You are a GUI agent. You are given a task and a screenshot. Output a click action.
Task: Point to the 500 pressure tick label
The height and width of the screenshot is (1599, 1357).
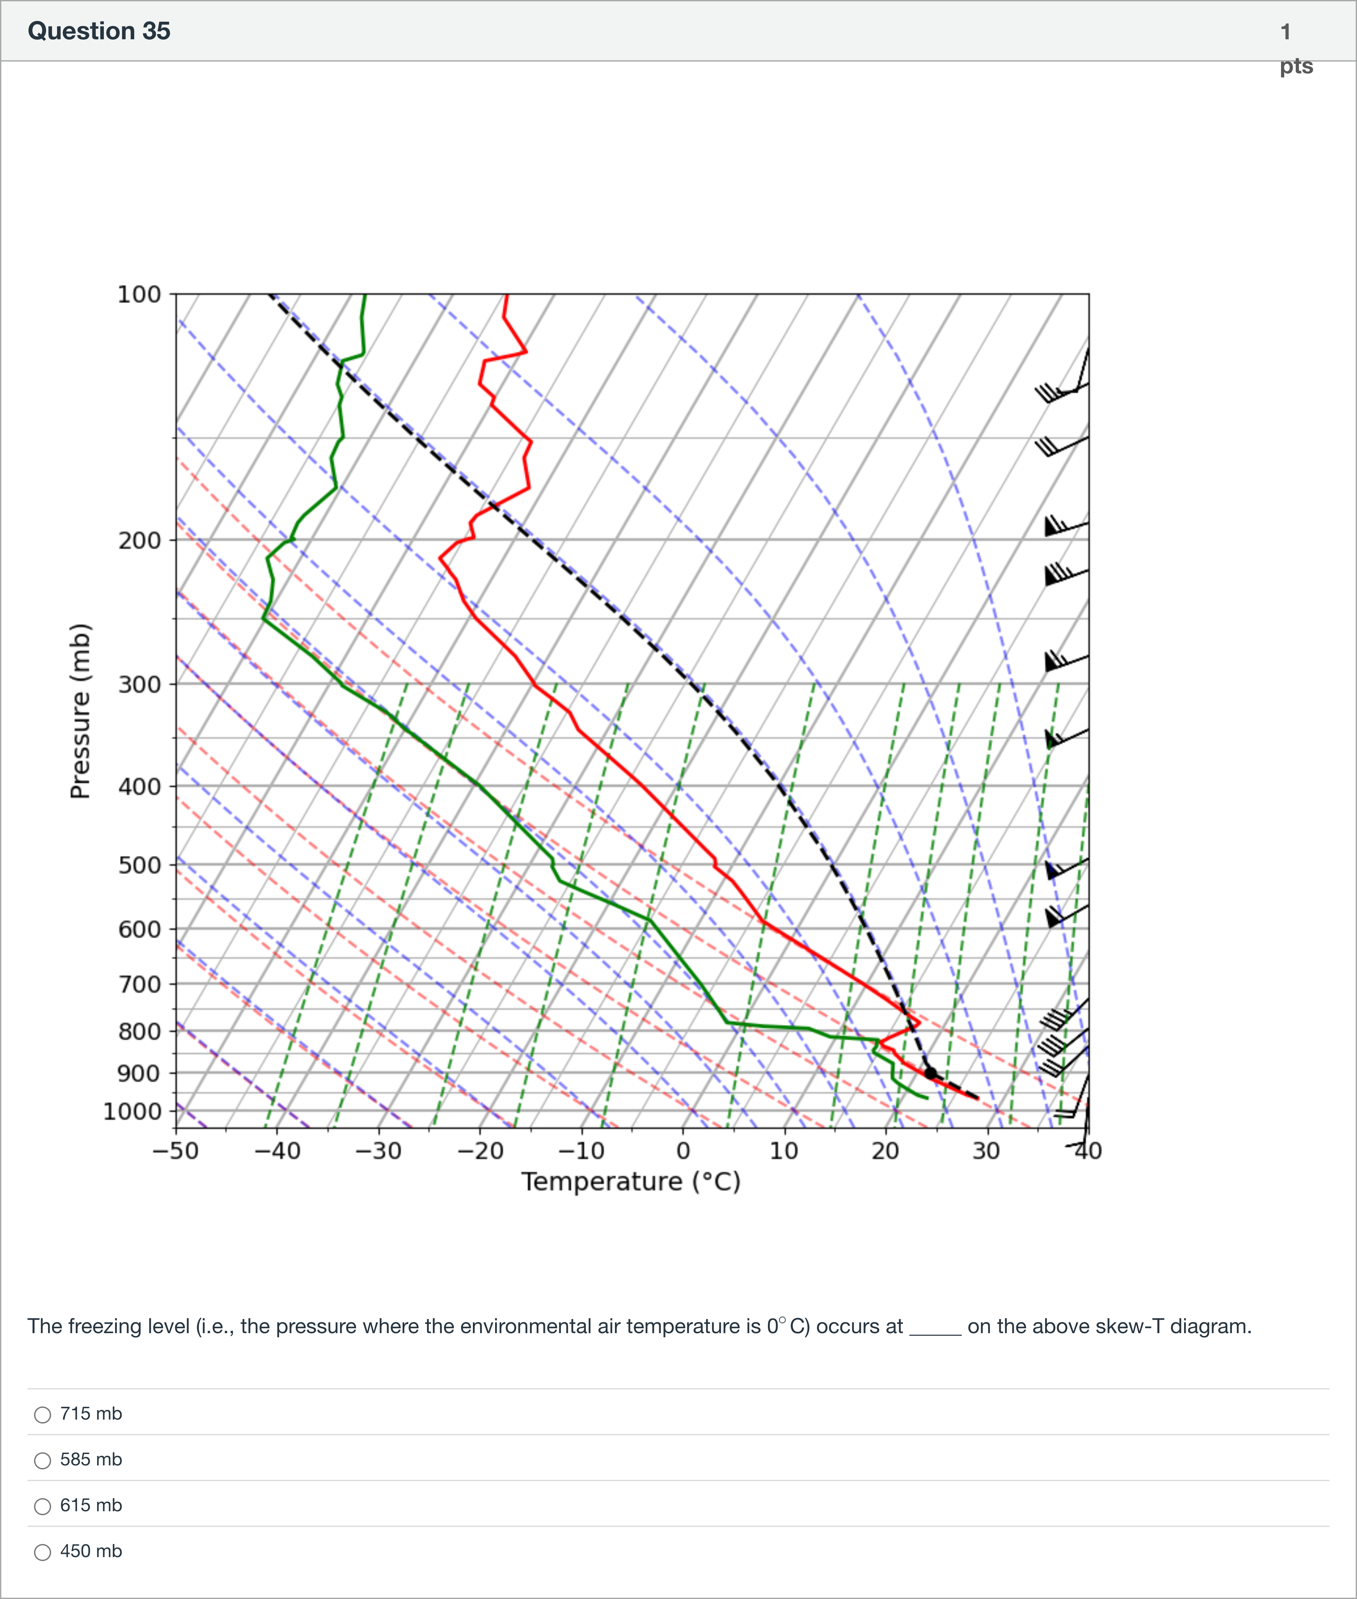(x=139, y=865)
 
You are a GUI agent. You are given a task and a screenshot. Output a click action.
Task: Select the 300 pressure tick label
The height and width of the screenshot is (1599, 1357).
(x=139, y=684)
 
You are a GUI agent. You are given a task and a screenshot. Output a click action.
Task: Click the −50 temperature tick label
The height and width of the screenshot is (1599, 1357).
(x=176, y=1151)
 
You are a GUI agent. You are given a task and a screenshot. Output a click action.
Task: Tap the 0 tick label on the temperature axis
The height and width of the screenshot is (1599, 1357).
(x=682, y=1151)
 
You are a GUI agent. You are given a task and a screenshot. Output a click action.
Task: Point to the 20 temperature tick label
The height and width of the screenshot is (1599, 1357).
(x=885, y=1151)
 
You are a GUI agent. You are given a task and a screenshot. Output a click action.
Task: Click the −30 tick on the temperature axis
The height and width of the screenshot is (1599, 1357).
(x=379, y=1151)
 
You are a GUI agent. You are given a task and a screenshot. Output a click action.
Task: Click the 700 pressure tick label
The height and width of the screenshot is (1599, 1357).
(x=139, y=984)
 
